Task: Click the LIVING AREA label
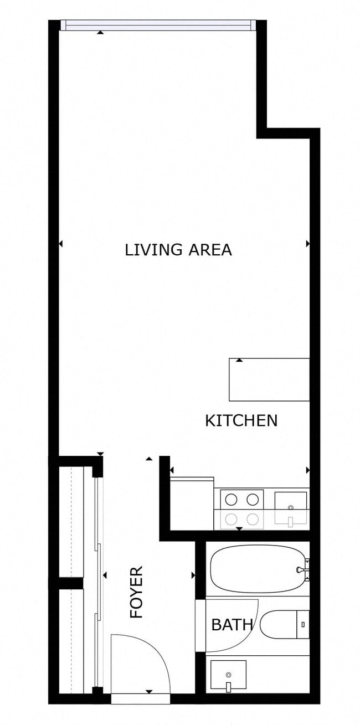point(178,250)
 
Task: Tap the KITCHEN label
point(241,420)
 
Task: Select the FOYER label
point(136,592)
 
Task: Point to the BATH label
point(232,625)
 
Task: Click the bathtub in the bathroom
point(257,569)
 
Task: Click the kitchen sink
point(291,507)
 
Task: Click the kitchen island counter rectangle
point(269,379)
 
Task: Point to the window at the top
point(158,25)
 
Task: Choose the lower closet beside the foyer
point(71,640)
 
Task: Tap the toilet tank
point(302,624)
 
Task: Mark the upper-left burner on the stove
point(232,500)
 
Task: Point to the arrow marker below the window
point(100,33)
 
